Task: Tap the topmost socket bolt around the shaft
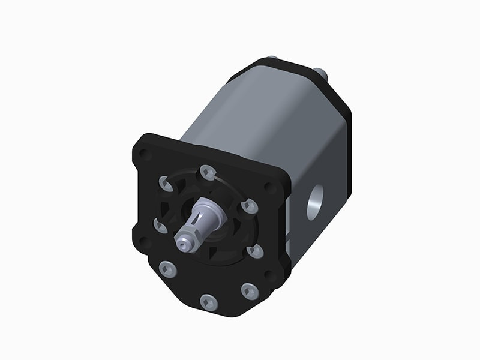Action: coord(208,173)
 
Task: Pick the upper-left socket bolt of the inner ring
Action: coord(166,182)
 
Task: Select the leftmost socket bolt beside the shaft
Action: coord(161,226)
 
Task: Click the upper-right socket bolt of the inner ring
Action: coord(250,206)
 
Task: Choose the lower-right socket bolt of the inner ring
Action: coord(255,250)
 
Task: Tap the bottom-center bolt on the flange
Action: coord(208,302)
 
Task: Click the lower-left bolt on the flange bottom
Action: coord(169,269)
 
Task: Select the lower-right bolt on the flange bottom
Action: coord(250,292)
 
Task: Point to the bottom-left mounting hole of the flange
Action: coord(143,242)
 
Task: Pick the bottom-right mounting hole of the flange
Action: coord(271,277)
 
